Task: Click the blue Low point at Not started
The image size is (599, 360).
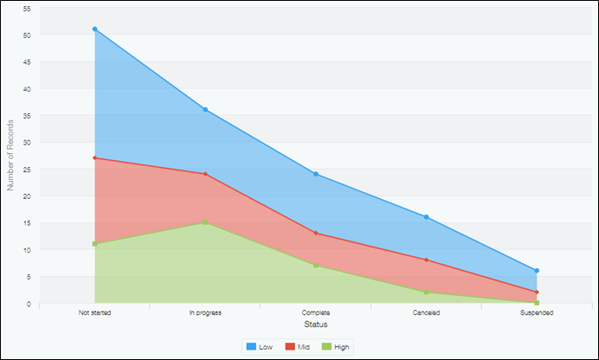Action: [94, 29]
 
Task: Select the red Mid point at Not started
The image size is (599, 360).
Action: [94, 158]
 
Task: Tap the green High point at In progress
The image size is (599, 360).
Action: [205, 222]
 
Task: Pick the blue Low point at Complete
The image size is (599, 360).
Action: [316, 174]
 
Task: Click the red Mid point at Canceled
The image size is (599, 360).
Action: [427, 260]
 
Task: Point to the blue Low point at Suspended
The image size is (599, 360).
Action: [538, 271]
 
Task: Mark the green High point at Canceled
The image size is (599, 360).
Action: [427, 292]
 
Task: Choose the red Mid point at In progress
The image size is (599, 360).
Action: [205, 174]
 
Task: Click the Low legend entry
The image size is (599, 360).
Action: [260, 346]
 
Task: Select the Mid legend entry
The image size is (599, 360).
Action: [297, 346]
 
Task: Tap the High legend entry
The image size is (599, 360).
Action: [337, 346]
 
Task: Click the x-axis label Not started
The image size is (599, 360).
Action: [94, 312]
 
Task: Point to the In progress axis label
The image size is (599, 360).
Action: [205, 312]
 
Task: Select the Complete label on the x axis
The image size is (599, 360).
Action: [316, 312]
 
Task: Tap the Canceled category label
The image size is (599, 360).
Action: [427, 312]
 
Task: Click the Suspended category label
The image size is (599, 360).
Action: [538, 312]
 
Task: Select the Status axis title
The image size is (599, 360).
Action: [316, 325]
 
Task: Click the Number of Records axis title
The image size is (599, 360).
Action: [10, 156]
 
